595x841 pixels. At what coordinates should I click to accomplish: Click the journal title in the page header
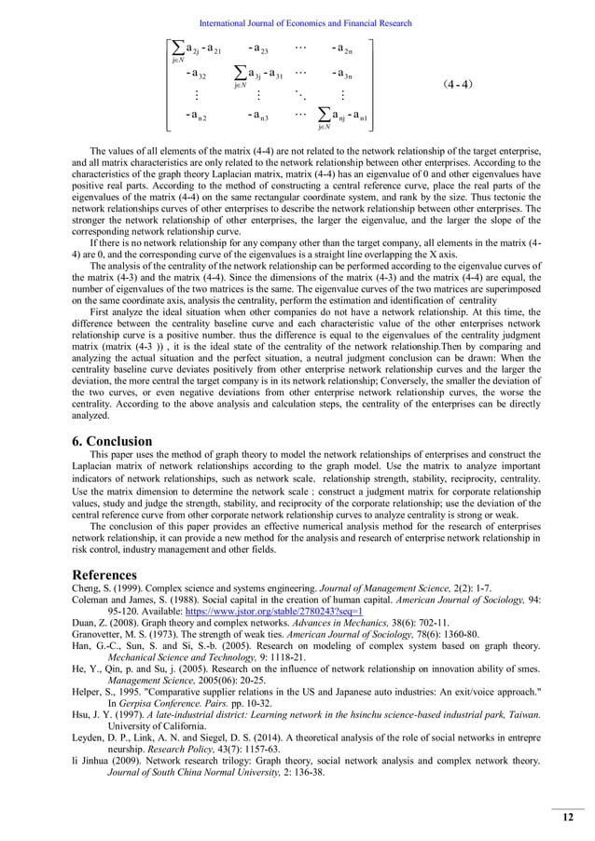tap(297, 23)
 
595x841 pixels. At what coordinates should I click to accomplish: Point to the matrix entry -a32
tap(196, 73)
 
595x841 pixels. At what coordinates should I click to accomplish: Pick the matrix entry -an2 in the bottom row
tap(196, 116)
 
